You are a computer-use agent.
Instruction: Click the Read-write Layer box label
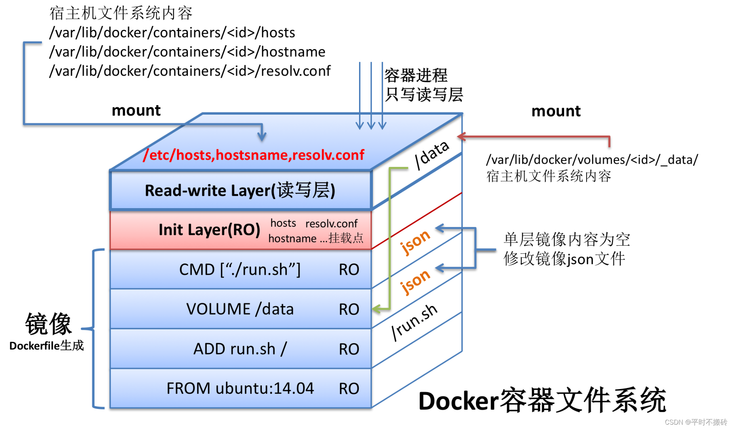pos(240,190)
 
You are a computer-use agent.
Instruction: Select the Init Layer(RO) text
pos(209,230)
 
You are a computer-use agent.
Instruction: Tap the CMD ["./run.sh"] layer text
pos(240,270)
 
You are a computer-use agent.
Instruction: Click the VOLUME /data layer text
pos(240,309)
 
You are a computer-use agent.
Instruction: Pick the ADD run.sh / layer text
pos(240,349)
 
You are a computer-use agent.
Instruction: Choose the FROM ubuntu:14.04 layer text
pos(240,388)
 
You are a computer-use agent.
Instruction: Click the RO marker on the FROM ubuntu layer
pos(348,389)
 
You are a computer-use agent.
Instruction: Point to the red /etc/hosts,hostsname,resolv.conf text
pos(254,155)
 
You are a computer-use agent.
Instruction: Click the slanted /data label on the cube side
pos(432,154)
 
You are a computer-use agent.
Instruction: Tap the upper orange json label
pos(415,242)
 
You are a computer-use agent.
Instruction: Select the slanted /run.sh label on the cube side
pos(414,322)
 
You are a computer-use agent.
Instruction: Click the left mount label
pos(136,110)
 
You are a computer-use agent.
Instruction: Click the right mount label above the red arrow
pos(556,111)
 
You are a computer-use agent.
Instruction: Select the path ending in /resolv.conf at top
pos(190,71)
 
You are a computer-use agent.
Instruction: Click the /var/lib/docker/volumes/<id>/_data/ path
pos(592,159)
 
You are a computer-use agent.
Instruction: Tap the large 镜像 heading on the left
pos(48,323)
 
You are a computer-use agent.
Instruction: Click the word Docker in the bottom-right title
pos(458,401)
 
